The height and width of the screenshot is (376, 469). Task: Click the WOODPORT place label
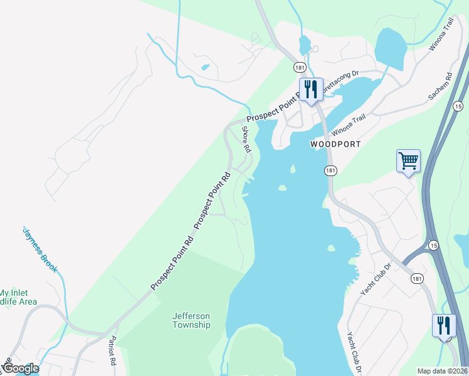(x=336, y=144)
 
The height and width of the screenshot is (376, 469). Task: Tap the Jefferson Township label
(x=191, y=320)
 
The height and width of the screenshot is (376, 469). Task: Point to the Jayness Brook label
(x=40, y=249)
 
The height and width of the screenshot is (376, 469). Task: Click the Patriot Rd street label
(x=112, y=352)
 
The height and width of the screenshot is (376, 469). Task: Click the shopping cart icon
(x=408, y=161)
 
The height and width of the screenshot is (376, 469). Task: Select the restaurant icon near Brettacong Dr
(x=310, y=89)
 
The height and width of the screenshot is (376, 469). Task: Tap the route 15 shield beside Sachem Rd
(x=458, y=106)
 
